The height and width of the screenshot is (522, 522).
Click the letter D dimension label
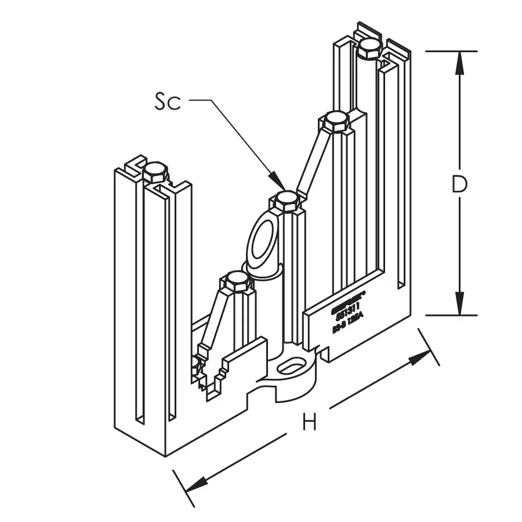(x=459, y=184)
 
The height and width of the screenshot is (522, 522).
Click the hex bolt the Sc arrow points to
(x=287, y=200)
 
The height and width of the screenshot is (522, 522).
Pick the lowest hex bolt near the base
(x=235, y=282)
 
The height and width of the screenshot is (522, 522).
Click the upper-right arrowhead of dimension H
(x=421, y=357)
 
